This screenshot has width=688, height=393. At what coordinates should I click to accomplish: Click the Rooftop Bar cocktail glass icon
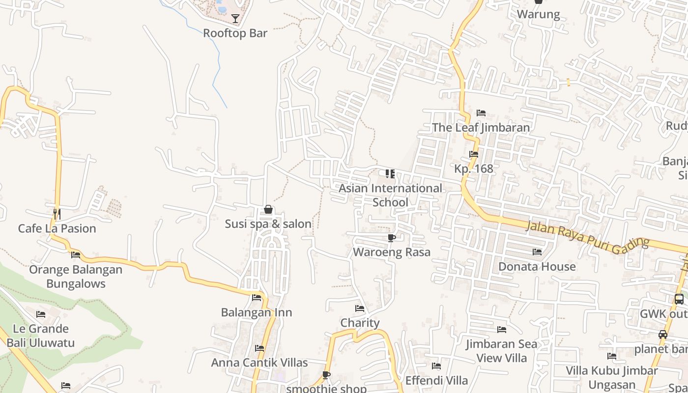[x=235, y=19]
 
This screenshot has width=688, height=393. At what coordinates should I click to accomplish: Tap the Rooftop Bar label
[x=235, y=33]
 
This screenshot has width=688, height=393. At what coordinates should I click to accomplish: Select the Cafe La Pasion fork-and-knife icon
[x=57, y=214]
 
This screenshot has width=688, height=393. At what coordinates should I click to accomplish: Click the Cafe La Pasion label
[x=57, y=228]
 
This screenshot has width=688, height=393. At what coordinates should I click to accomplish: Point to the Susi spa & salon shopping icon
[x=268, y=210]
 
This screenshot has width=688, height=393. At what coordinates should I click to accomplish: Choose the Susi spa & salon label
[x=268, y=224]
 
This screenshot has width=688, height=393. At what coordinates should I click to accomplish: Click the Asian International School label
[x=390, y=195]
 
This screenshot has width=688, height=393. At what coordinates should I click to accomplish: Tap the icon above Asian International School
[x=390, y=174]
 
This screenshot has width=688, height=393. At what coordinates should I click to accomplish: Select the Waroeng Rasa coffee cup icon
[x=392, y=238]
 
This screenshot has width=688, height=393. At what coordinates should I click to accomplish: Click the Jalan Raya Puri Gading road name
[x=587, y=235]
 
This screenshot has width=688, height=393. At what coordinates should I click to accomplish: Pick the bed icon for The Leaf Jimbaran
[x=481, y=113]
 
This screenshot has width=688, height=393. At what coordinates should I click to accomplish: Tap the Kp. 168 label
[x=473, y=168]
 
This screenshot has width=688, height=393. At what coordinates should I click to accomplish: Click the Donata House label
[x=537, y=266]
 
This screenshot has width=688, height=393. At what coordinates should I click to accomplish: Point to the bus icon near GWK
[x=679, y=299]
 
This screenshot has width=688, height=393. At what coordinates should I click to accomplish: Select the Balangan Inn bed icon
[x=257, y=298]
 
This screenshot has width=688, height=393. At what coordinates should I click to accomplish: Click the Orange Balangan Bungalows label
[x=76, y=277]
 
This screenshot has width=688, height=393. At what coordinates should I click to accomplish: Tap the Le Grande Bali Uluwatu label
[x=41, y=336]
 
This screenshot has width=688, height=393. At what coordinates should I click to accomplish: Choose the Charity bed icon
[x=360, y=309]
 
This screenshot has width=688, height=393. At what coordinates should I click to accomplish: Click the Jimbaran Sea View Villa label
[x=502, y=351]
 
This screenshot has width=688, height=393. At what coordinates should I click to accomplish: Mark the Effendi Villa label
[x=436, y=380]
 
